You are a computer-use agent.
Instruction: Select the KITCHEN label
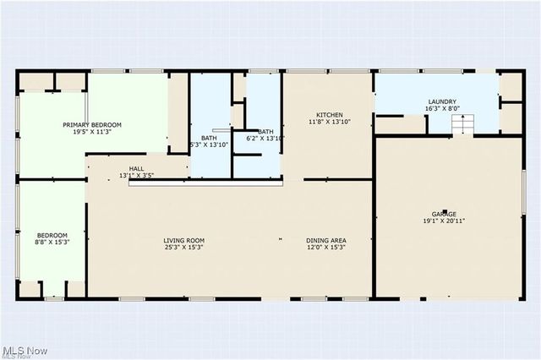pos(329,115)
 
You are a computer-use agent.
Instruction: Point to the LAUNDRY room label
pos(442,101)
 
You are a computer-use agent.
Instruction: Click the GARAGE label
pos(445,214)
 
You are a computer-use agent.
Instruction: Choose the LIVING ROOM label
pos(184,241)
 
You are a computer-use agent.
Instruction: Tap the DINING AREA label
pos(326,241)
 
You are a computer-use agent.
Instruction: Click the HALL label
pos(136,168)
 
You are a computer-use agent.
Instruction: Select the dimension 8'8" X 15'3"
pos(52,243)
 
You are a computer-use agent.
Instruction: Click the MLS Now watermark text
pos(25,350)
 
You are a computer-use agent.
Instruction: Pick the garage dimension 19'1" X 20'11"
pos(445,221)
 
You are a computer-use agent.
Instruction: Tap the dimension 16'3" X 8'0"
pos(442,109)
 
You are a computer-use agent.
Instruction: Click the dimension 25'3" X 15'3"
pos(184,248)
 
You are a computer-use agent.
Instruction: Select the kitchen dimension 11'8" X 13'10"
pos(329,123)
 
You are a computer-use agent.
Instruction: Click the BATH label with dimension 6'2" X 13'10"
pos(265,131)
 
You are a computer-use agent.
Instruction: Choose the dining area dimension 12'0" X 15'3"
pos(326,248)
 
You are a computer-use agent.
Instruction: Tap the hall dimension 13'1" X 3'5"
pos(136,176)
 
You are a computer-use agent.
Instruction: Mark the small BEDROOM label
pos(52,235)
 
